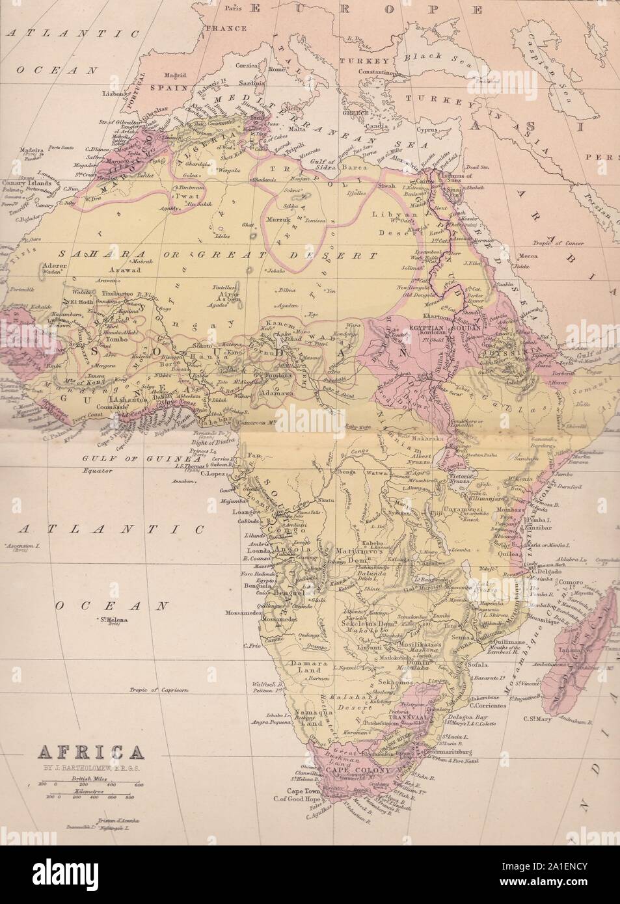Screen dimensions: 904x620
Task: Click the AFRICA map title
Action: click(x=91, y=754)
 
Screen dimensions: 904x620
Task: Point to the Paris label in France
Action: click(x=233, y=9)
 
